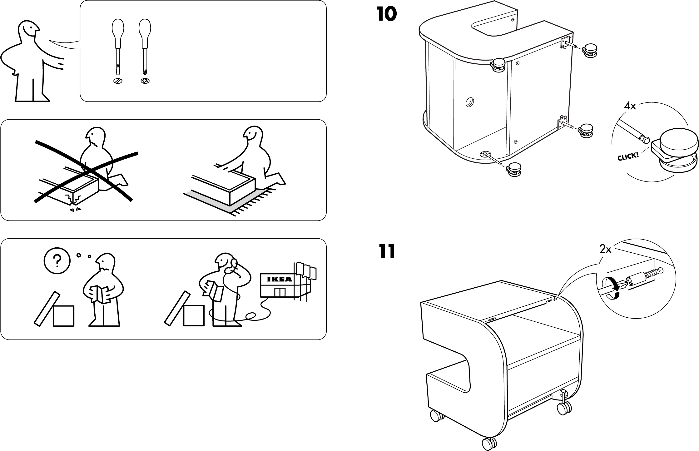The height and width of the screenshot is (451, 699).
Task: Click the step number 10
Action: pos(387,14)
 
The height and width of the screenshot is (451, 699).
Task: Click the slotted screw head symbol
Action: pos(118,81)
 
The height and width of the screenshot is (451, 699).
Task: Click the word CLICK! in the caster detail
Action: pos(628,156)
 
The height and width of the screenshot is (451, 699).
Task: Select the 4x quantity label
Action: pos(630,107)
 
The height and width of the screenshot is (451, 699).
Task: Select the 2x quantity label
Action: pos(606,249)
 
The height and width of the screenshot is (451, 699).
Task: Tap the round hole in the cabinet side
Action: pos(469,102)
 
